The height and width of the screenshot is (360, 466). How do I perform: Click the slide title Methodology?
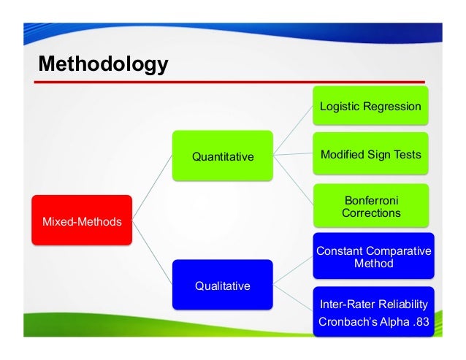tap(103, 64)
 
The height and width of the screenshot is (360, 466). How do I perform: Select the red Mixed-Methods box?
tap(81, 221)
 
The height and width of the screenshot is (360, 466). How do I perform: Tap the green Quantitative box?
tap(222, 156)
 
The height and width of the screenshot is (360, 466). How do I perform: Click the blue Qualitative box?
tap(222, 285)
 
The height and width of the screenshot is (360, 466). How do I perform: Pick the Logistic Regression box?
tap(370, 107)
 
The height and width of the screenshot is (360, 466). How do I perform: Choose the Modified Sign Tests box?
tap(370, 156)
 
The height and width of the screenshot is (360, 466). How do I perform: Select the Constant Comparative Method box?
tap(373, 257)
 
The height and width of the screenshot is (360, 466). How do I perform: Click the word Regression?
tap(394, 107)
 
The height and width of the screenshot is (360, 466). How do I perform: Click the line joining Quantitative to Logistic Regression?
tap(292, 131)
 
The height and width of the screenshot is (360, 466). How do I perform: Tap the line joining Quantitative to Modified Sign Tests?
tap(292, 156)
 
